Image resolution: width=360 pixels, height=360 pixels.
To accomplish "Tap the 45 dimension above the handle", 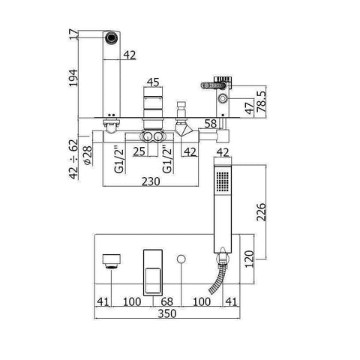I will tap(153, 83).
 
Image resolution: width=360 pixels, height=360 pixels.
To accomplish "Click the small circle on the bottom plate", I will tap(181, 259).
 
